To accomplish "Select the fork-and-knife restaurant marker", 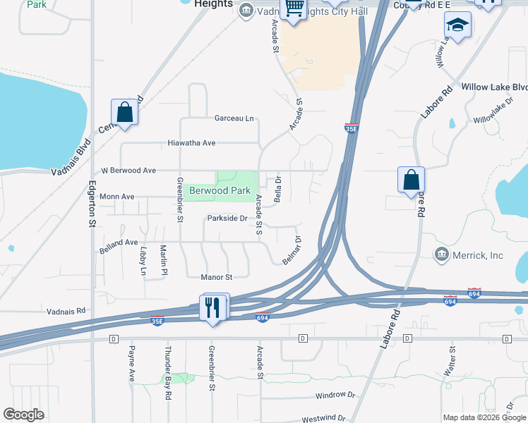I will pos(214,307).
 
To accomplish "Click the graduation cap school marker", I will pos(457,25).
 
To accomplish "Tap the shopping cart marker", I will pos(292,9).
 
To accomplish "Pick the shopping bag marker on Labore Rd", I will pos(411,180).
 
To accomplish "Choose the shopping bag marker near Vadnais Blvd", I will pos(124,112).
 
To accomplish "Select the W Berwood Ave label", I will pos(128,171).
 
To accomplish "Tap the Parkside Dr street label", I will pos(227,219).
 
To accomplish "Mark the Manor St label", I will pos(217,277).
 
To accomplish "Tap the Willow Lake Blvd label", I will pos(494,87).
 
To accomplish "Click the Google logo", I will pos(23,415).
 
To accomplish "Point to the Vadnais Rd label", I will pos(66,310).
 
